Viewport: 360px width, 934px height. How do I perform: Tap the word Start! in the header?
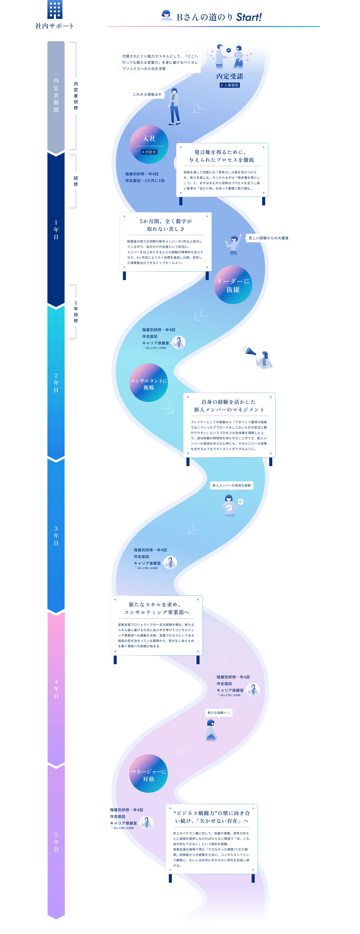[x=249, y=17]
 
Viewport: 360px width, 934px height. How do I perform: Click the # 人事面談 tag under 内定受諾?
[x=229, y=85]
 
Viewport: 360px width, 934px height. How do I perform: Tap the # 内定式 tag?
[x=149, y=152]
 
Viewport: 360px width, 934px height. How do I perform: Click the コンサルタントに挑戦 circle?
[x=149, y=383]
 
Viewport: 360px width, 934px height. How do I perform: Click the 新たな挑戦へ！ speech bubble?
[x=218, y=713]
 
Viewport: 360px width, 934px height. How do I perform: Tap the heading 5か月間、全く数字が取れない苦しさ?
[x=166, y=225]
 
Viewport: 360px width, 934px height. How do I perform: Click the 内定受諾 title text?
[x=229, y=76]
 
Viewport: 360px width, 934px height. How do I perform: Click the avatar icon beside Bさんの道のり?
[x=166, y=16]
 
